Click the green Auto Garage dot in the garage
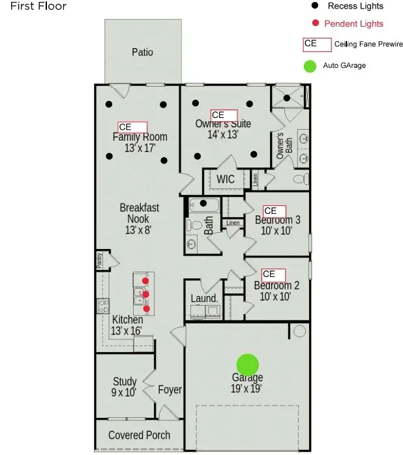(247, 365)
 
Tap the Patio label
(142, 52)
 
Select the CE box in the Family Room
(132, 127)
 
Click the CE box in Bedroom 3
(274, 211)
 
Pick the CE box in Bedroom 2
(273, 274)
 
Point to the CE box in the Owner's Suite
(224, 115)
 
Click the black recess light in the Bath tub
(203, 203)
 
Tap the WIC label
(226, 179)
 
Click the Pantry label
(99, 260)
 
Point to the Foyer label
(170, 390)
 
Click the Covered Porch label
(139, 435)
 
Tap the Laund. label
(204, 299)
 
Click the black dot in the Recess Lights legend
(315, 6)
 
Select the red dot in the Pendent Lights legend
(315, 23)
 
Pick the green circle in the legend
(310, 66)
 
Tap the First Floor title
(33, 6)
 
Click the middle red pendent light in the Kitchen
(146, 295)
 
